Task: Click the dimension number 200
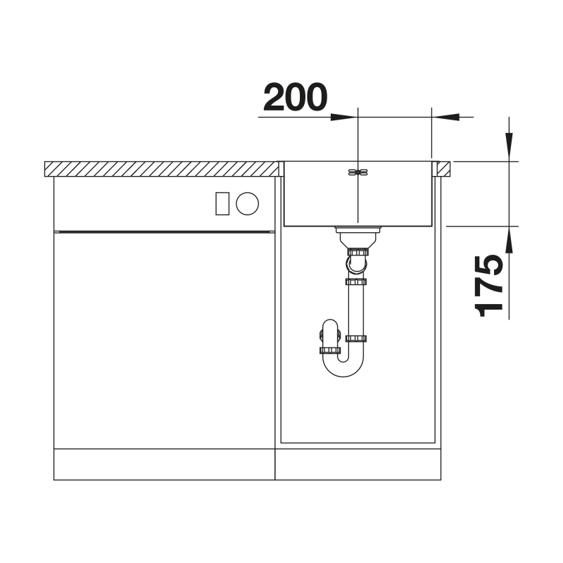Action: click(295, 97)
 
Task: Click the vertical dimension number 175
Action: click(488, 286)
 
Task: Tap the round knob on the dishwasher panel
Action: click(247, 203)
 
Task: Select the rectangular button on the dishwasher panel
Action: click(222, 203)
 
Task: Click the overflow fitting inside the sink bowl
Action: click(358, 172)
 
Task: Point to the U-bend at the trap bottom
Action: click(343, 366)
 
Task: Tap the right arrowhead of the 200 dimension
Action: click(445, 117)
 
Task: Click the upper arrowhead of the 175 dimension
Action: click(509, 147)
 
